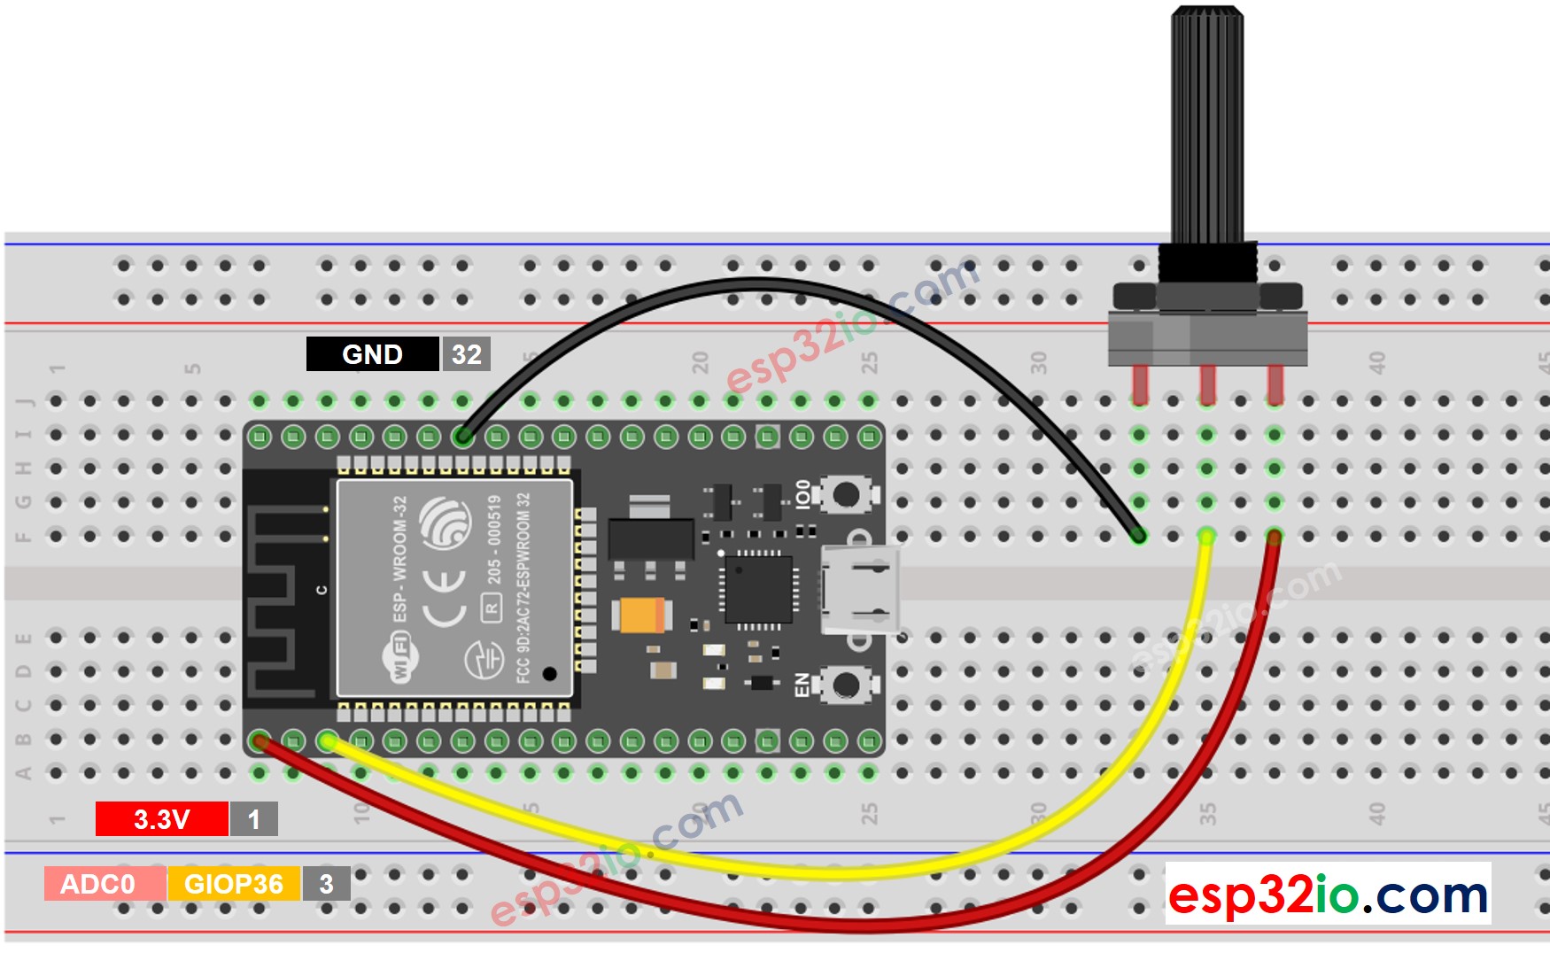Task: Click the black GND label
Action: (x=372, y=354)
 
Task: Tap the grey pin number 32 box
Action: (x=466, y=354)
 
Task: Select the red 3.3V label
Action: (x=161, y=819)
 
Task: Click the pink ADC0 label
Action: (x=97, y=884)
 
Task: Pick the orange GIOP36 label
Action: (x=233, y=884)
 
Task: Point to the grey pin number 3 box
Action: (x=326, y=884)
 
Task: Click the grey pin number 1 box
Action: (x=253, y=819)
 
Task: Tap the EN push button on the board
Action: (x=846, y=685)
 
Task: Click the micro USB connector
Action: (x=859, y=589)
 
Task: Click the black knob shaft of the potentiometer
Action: (x=1206, y=124)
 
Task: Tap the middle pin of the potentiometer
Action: (x=1206, y=383)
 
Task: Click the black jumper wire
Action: (x=753, y=285)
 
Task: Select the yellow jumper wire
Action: (x=797, y=872)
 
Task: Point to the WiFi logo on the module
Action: (x=400, y=657)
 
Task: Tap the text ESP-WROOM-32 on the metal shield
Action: (x=400, y=558)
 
